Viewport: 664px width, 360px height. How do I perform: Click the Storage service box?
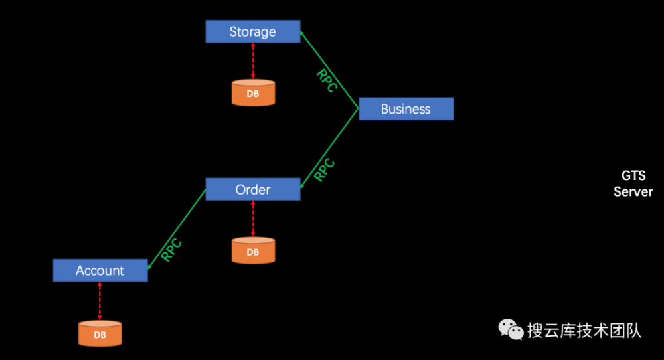pyautogui.click(x=252, y=31)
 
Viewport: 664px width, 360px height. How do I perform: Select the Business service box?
pyautogui.click(x=406, y=109)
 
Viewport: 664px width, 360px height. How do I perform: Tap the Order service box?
pyautogui.click(x=252, y=189)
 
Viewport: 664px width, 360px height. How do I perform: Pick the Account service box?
pyautogui.click(x=100, y=270)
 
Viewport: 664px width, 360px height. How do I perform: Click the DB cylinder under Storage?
pyautogui.click(x=253, y=94)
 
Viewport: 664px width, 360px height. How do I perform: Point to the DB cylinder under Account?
pyautogui.click(x=100, y=334)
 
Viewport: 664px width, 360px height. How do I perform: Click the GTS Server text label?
pyautogui.click(x=633, y=183)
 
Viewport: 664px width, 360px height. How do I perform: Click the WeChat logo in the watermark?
pyautogui.click(x=511, y=329)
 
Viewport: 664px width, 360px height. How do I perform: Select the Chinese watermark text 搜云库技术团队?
pyautogui.click(x=584, y=330)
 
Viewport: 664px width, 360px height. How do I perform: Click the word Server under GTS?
pyautogui.click(x=633, y=192)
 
